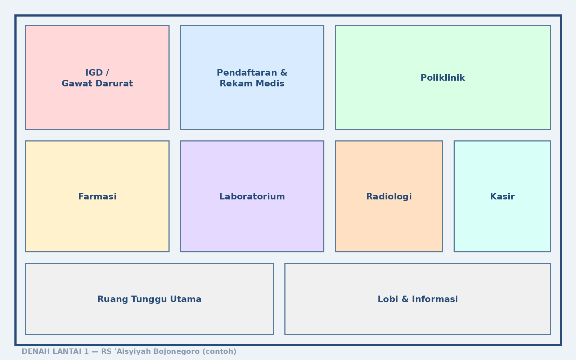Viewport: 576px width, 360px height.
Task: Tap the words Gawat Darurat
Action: pos(97,84)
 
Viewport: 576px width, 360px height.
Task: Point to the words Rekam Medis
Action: pos(252,84)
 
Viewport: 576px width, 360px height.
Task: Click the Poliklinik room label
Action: pos(443,78)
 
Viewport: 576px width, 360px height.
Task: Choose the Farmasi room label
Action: pos(97,197)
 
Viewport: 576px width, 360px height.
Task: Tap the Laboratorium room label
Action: pos(252,197)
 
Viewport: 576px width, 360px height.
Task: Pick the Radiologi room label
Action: pos(389,197)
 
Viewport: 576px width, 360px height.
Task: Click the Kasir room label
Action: pos(502,197)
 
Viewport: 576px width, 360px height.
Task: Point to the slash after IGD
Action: pos(107,73)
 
